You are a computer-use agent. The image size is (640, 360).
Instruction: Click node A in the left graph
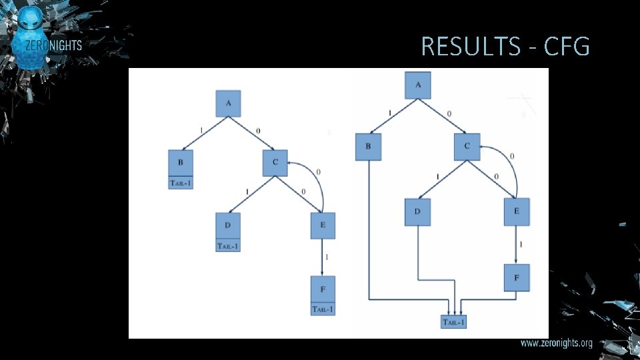228,103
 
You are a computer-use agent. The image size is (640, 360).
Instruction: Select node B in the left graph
181,162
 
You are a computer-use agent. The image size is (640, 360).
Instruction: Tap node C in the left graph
275,163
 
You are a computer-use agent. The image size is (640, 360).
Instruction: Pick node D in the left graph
228,225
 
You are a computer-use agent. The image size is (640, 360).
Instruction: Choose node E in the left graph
323,225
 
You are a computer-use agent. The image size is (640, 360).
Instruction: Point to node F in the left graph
323,289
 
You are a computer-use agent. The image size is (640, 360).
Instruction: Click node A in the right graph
418,85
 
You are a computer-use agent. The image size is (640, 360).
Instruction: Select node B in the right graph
368,147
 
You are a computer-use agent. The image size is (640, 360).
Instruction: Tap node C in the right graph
467,147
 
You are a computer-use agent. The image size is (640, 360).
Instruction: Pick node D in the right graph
417,212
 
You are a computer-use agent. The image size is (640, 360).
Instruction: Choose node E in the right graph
517,212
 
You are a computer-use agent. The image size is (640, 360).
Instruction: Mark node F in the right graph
517,277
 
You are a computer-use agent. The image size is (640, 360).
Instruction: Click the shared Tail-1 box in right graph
455,323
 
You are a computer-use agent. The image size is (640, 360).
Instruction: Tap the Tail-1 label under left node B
181,183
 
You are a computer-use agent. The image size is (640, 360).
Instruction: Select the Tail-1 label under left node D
228,246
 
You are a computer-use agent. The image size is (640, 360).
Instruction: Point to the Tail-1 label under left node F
323,309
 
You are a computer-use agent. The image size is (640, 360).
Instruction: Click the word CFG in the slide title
567,47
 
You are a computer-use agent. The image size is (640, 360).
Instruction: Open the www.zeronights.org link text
556,343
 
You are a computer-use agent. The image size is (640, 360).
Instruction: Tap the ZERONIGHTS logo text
53,46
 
